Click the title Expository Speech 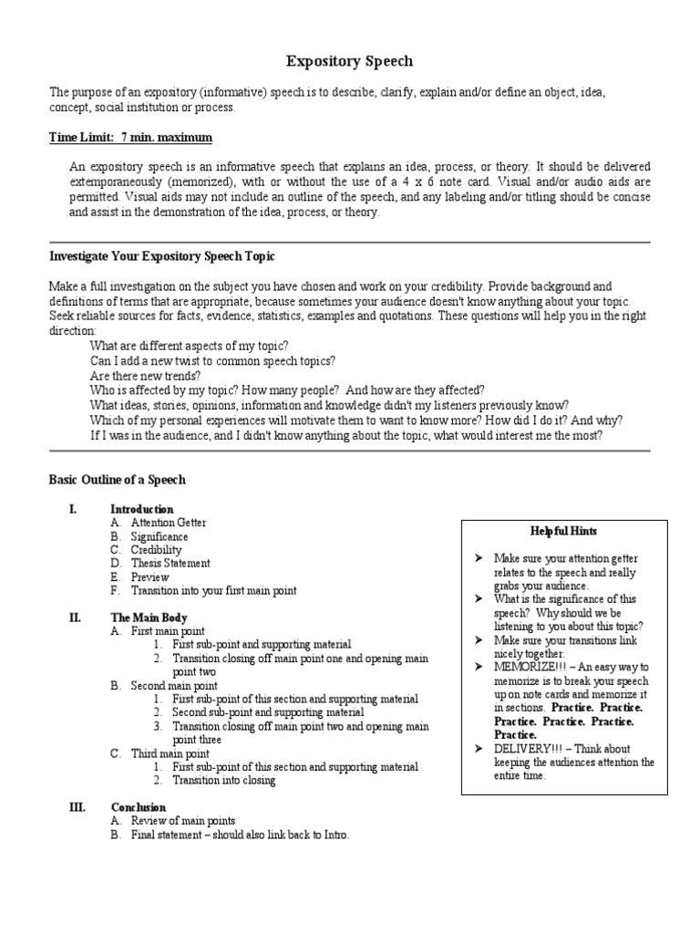[x=350, y=61]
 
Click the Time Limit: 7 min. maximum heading [x=130, y=138]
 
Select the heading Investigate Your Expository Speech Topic [x=161, y=256]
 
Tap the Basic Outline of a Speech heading [x=117, y=479]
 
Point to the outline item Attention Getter [x=169, y=523]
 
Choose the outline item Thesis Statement [x=170, y=563]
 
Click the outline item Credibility [x=156, y=550]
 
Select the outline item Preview [x=150, y=576]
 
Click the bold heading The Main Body [x=149, y=617]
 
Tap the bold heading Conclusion [x=139, y=807]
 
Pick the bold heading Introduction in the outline [x=141, y=509]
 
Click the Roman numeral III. [x=77, y=807]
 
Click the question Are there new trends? [x=145, y=375]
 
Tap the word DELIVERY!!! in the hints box [x=524, y=748]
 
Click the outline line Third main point [x=170, y=753]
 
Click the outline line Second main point [x=174, y=685]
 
